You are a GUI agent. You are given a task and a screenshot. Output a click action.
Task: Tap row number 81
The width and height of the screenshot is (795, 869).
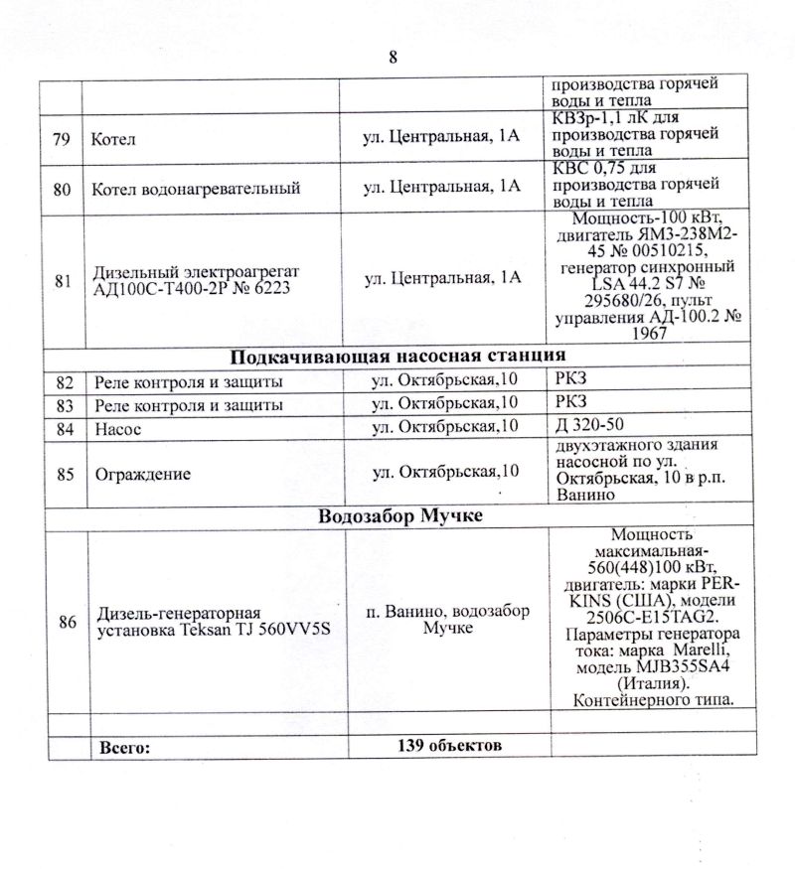click(x=63, y=281)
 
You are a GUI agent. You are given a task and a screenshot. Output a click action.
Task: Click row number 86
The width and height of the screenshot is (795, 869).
click(x=68, y=623)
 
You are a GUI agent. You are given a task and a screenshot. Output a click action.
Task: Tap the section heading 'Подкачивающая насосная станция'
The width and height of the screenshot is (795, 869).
click(x=398, y=357)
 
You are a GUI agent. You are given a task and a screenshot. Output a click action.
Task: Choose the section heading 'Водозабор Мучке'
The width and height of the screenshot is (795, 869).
click(x=398, y=516)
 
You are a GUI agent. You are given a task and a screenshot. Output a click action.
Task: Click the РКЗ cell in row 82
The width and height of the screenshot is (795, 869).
click(x=572, y=380)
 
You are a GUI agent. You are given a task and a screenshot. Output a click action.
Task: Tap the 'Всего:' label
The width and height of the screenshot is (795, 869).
click(x=125, y=746)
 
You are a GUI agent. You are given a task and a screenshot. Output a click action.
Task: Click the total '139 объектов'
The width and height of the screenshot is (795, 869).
click(x=443, y=745)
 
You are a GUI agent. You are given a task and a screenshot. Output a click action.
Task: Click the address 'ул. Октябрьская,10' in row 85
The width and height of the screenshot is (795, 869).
click(x=445, y=472)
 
